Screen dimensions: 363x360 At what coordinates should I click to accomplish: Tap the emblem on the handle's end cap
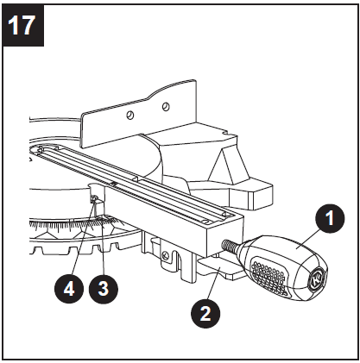pos(315,279)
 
